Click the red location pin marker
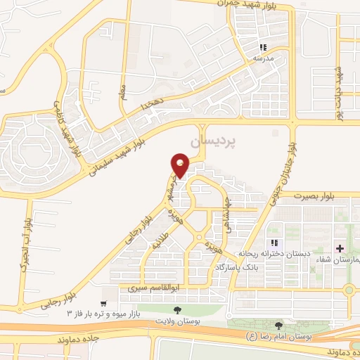click(x=181, y=166)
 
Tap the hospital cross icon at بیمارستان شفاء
click(x=340, y=249)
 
